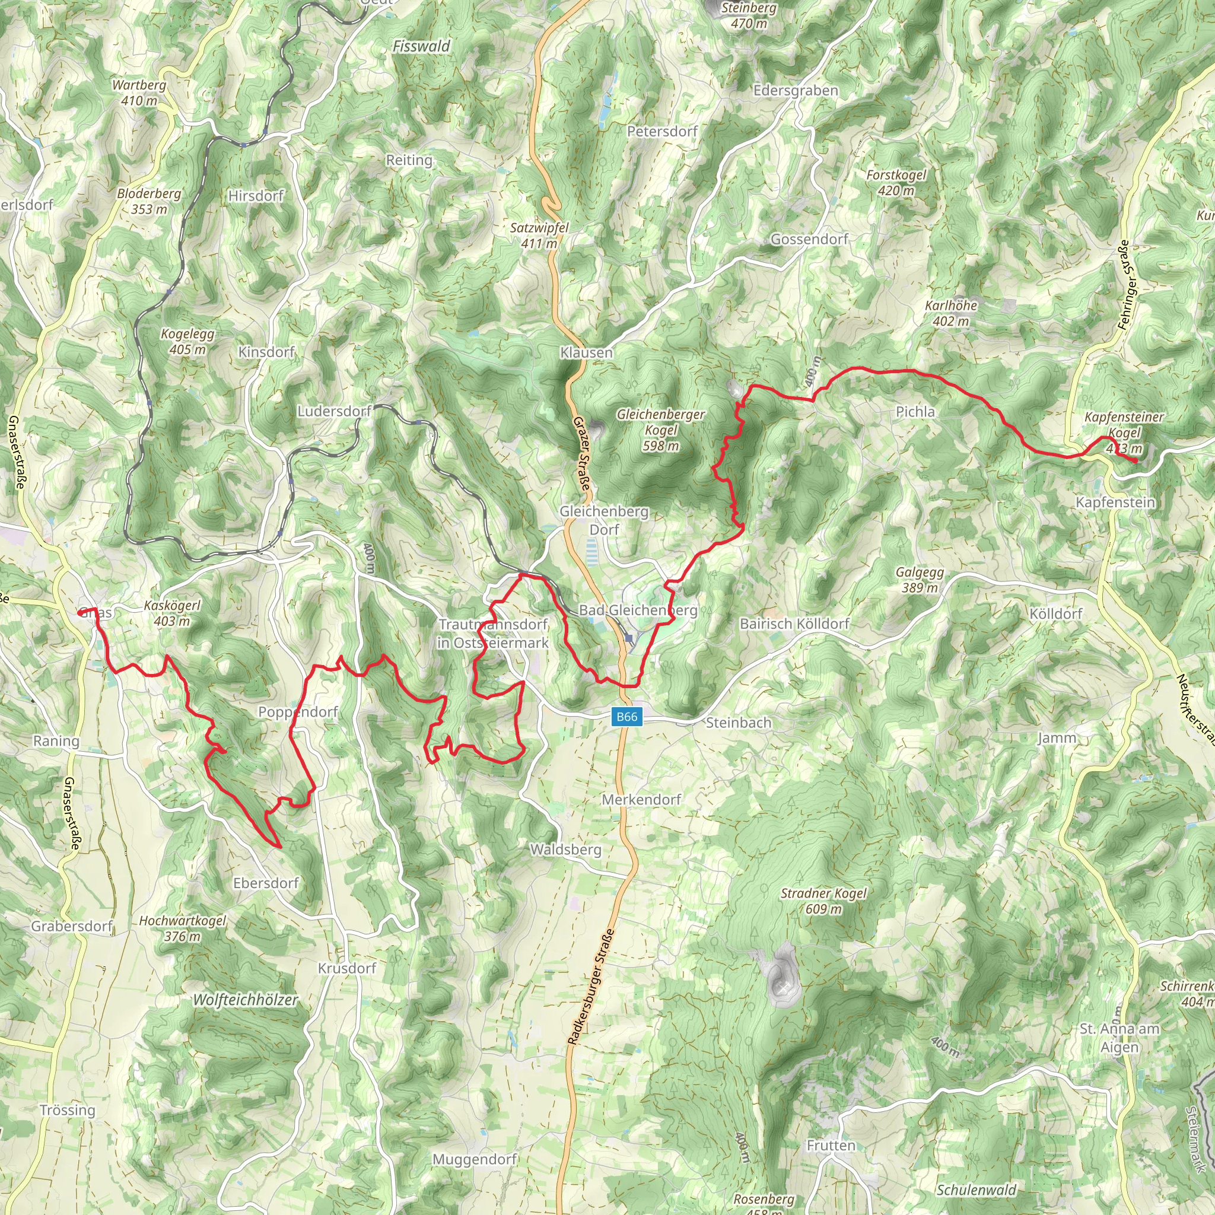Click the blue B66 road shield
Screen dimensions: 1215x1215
click(627, 717)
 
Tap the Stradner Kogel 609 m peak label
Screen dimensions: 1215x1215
click(823, 901)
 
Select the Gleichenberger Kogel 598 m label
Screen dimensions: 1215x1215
click(660, 430)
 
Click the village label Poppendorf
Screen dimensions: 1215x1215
click(298, 712)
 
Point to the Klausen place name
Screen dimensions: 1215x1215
click(586, 353)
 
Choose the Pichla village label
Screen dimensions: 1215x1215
click(915, 412)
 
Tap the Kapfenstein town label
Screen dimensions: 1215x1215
click(1115, 502)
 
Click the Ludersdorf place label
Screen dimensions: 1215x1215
click(335, 411)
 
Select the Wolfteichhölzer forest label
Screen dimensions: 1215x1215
click(245, 1000)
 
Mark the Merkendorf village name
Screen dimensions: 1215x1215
click(641, 799)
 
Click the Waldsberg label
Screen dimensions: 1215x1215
click(565, 850)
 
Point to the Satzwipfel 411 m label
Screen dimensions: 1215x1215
click(539, 235)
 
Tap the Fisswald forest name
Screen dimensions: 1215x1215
click(421, 46)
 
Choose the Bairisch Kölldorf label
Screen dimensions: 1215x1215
click(794, 624)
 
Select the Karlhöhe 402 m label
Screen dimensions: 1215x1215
click(951, 313)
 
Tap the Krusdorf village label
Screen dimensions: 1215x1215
click(347, 968)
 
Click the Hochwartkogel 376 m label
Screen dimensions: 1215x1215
click(182, 928)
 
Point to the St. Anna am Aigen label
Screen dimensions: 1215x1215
click(1119, 1038)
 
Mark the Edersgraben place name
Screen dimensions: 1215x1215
click(796, 91)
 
